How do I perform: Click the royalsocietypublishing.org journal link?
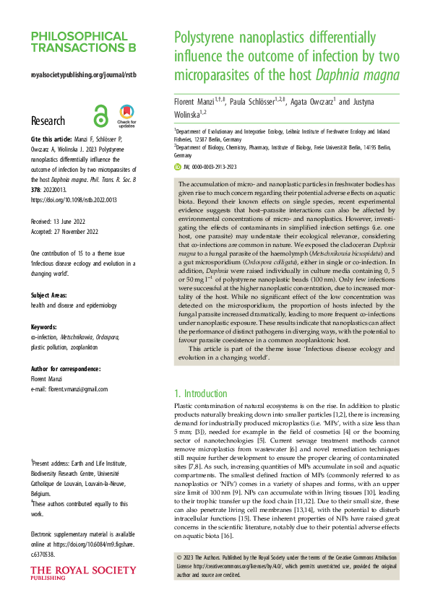tap(83, 75)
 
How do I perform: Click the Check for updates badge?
tap(126, 116)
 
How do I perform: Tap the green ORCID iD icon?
tap(178, 167)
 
